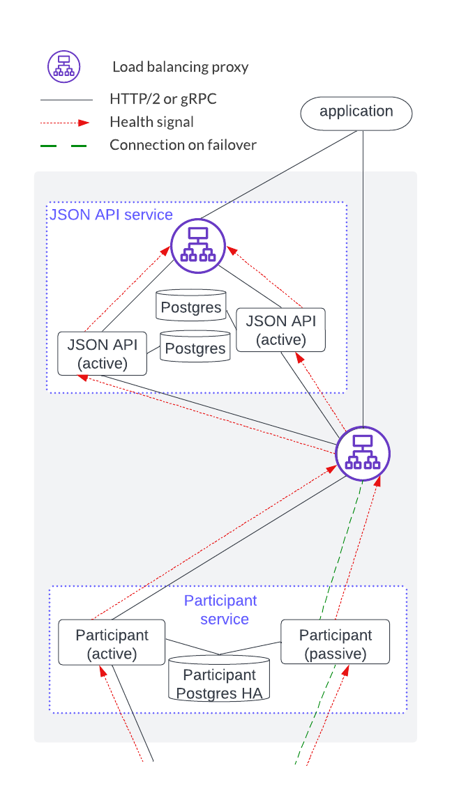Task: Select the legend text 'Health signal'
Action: coord(151,122)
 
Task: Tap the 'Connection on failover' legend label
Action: coord(183,145)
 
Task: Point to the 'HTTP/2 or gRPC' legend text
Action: coord(163,99)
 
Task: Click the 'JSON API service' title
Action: coord(111,214)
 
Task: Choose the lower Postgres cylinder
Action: coord(195,346)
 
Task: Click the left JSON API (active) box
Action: coord(103,353)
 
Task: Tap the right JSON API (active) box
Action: coord(280,330)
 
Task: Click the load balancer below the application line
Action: coord(363,453)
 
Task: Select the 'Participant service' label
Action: coord(221,610)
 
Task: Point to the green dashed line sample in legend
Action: coord(64,146)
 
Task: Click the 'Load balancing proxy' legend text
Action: coord(181,67)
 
